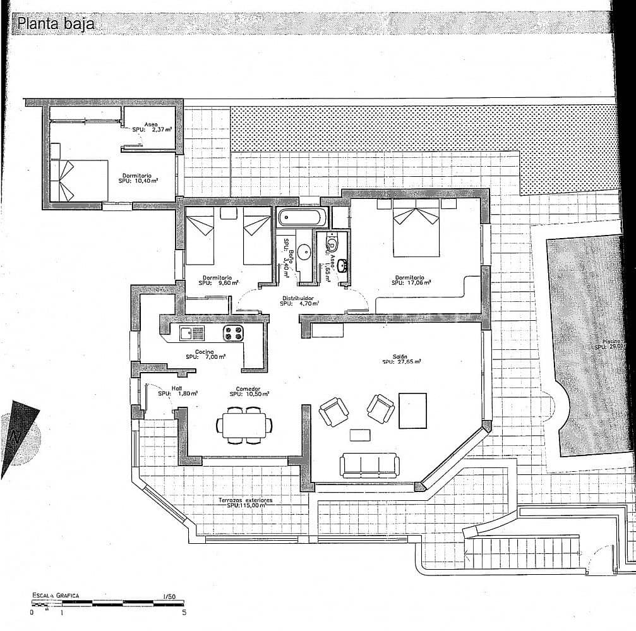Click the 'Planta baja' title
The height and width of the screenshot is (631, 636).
pos(56,24)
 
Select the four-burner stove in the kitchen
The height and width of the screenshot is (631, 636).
pos(232,333)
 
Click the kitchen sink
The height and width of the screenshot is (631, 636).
pos(192,333)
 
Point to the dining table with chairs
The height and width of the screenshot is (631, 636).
pos(244,424)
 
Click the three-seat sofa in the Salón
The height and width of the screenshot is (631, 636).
pos(368,466)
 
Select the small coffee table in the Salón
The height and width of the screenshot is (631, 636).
pos(360,435)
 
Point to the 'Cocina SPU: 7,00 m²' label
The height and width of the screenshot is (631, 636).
pos(205,354)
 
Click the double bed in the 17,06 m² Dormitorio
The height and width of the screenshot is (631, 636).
pos(416,229)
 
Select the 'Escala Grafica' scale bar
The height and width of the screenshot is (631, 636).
pos(107,604)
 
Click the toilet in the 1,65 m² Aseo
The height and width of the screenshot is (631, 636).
pos(332,244)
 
